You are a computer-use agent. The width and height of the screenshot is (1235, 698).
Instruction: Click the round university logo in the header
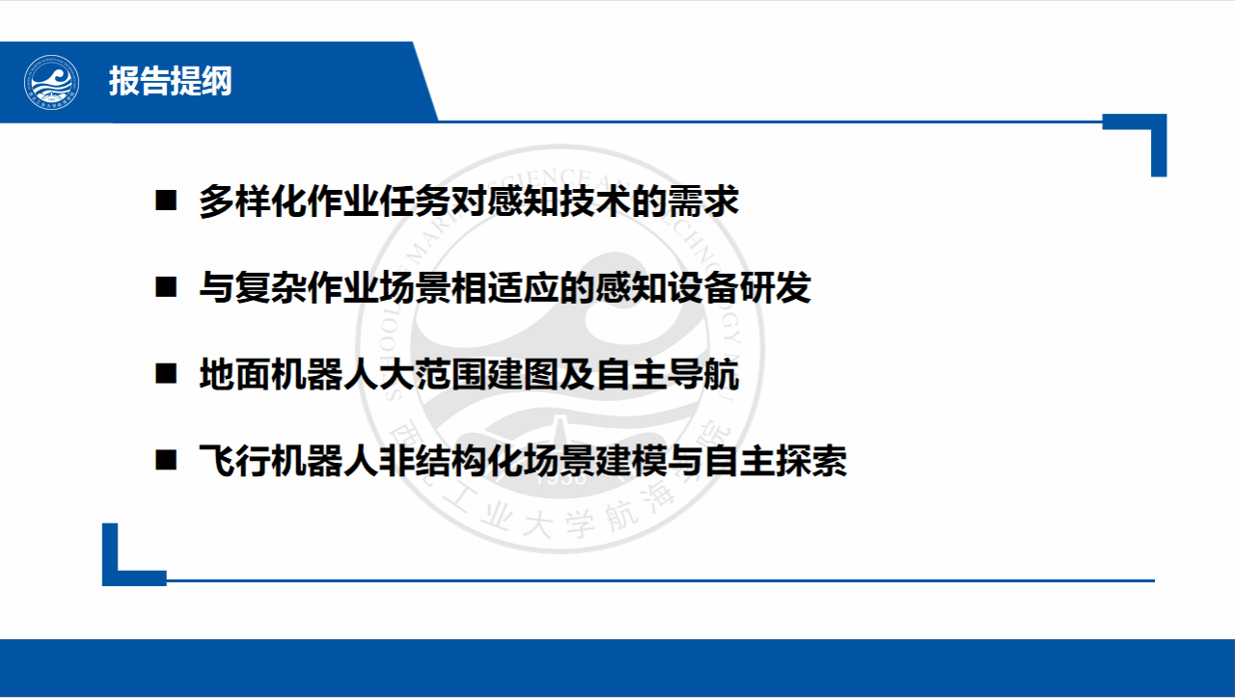coord(51,83)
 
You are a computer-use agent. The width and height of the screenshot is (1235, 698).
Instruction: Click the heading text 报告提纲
coord(171,81)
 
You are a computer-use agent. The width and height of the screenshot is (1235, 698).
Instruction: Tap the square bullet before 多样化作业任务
coord(166,201)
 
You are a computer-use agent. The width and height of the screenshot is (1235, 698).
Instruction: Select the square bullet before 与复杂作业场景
coord(166,287)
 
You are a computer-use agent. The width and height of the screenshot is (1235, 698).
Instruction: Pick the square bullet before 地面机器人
coord(166,373)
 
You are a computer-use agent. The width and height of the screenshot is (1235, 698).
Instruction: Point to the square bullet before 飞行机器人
coord(166,460)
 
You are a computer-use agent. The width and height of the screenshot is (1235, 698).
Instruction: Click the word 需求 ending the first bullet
coord(703,201)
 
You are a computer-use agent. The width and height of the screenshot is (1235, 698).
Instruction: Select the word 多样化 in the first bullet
coord(253,201)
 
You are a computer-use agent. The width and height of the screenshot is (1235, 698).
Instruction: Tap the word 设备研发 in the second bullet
coord(739,287)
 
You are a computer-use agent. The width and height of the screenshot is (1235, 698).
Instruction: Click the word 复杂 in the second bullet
coord(271,287)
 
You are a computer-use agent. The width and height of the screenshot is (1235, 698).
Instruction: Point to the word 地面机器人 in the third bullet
coord(288,373)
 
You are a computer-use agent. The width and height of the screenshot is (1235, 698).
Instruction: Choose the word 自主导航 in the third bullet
coord(667,373)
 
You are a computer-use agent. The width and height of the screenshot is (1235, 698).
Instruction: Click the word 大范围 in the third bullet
coord(433,373)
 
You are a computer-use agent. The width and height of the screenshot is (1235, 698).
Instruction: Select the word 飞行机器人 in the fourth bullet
coord(288,460)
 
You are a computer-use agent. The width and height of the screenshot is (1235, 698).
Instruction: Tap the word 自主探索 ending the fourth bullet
coord(775,460)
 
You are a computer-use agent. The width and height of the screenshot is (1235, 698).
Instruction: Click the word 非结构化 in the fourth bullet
coord(451,460)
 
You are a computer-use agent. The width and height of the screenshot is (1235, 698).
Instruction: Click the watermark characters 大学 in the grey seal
coord(558,523)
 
